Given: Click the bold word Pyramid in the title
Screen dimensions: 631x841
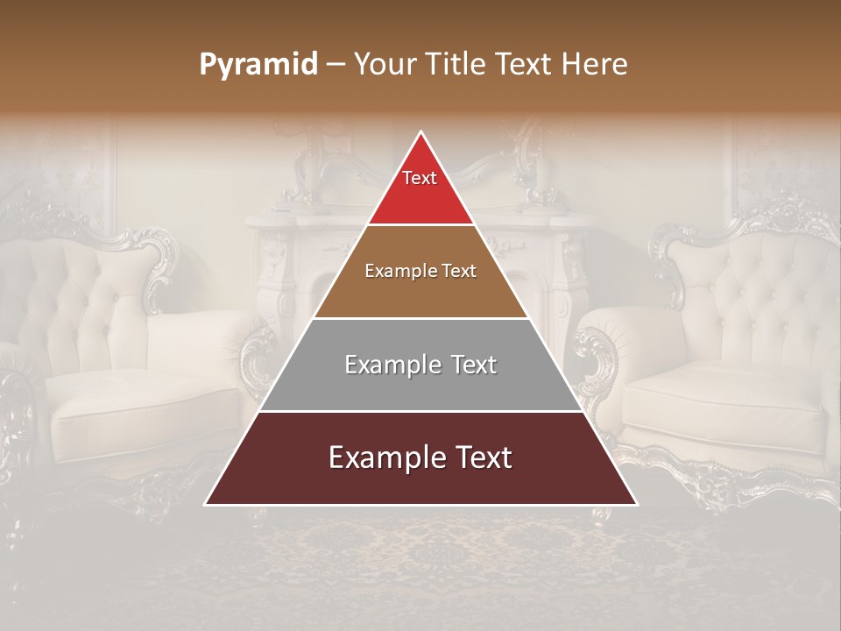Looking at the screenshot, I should pos(258,65).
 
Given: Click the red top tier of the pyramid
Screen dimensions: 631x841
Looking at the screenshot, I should pos(420,197).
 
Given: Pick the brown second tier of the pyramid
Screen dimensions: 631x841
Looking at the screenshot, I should pos(420,294).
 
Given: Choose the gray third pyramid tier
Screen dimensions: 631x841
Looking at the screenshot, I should pos(420,386).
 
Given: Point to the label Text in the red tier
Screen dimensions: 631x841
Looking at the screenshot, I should pos(420,178).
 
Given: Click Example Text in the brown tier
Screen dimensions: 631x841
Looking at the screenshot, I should pos(420,271).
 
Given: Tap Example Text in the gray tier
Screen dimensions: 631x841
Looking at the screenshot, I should pos(420,365).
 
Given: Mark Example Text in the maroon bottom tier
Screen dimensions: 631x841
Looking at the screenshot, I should pos(420,457).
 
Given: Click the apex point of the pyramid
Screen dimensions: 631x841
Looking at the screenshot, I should pos(421,132).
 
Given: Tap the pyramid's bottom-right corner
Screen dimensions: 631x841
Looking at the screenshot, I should pos(636,504).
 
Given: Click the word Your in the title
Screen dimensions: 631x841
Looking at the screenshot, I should pos(385,65).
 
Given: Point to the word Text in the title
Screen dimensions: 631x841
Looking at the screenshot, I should pos(527,65).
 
